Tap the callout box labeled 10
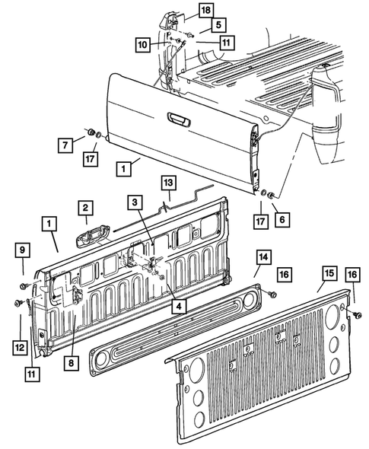[142, 45]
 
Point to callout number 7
[65, 143]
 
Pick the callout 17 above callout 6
[259, 223]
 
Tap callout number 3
[133, 202]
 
